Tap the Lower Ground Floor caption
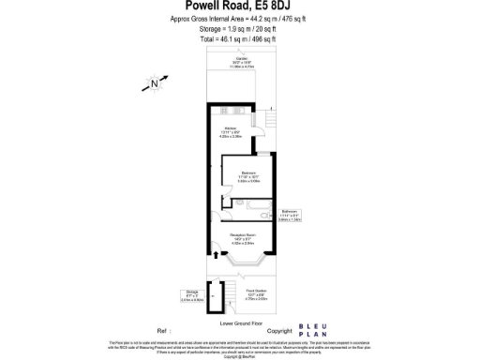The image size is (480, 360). tap(239, 322)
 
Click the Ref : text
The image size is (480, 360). tap(166, 331)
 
